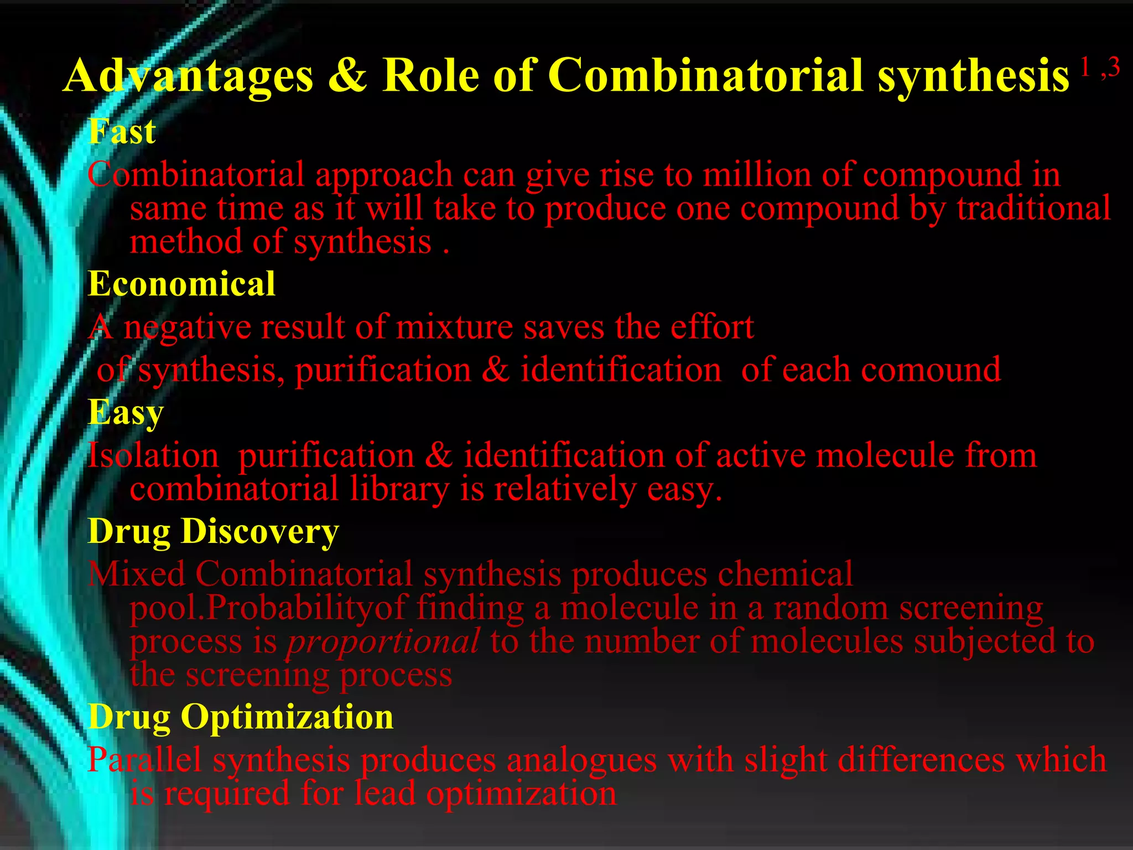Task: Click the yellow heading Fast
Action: point(122,132)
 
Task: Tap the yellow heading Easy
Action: point(126,413)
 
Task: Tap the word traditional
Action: point(1033,209)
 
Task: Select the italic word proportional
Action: point(383,642)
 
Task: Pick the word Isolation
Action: point(153,456)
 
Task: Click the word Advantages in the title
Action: point(189,76)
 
